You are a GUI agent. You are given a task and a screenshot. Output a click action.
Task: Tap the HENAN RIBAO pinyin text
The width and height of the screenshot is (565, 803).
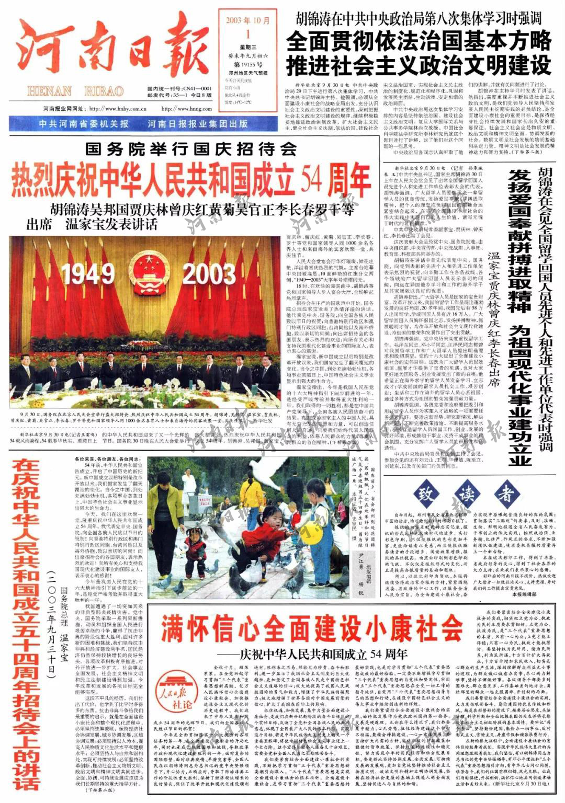tap(76, 91)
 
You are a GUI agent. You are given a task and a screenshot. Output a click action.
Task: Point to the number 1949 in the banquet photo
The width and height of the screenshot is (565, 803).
tap(87, 273)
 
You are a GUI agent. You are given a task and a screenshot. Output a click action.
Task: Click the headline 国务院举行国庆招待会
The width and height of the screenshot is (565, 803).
tap(191, 150)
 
